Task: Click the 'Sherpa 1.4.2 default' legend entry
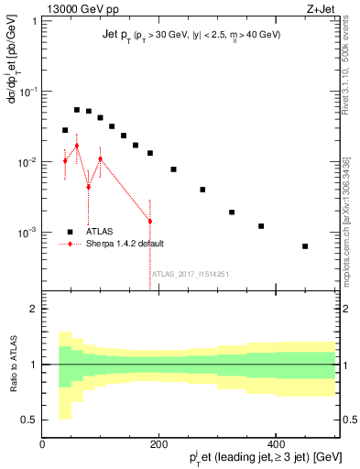point(125,244)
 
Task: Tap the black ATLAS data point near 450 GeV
point(305,246)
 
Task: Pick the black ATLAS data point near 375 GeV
point(261,226)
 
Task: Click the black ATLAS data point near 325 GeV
point(232,212)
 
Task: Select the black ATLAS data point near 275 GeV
point(202,190)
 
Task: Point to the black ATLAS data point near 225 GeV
point(173,169)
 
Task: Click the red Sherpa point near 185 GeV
point(150,221)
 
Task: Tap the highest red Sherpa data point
point(77,146)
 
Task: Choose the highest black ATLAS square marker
point(77,110)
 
